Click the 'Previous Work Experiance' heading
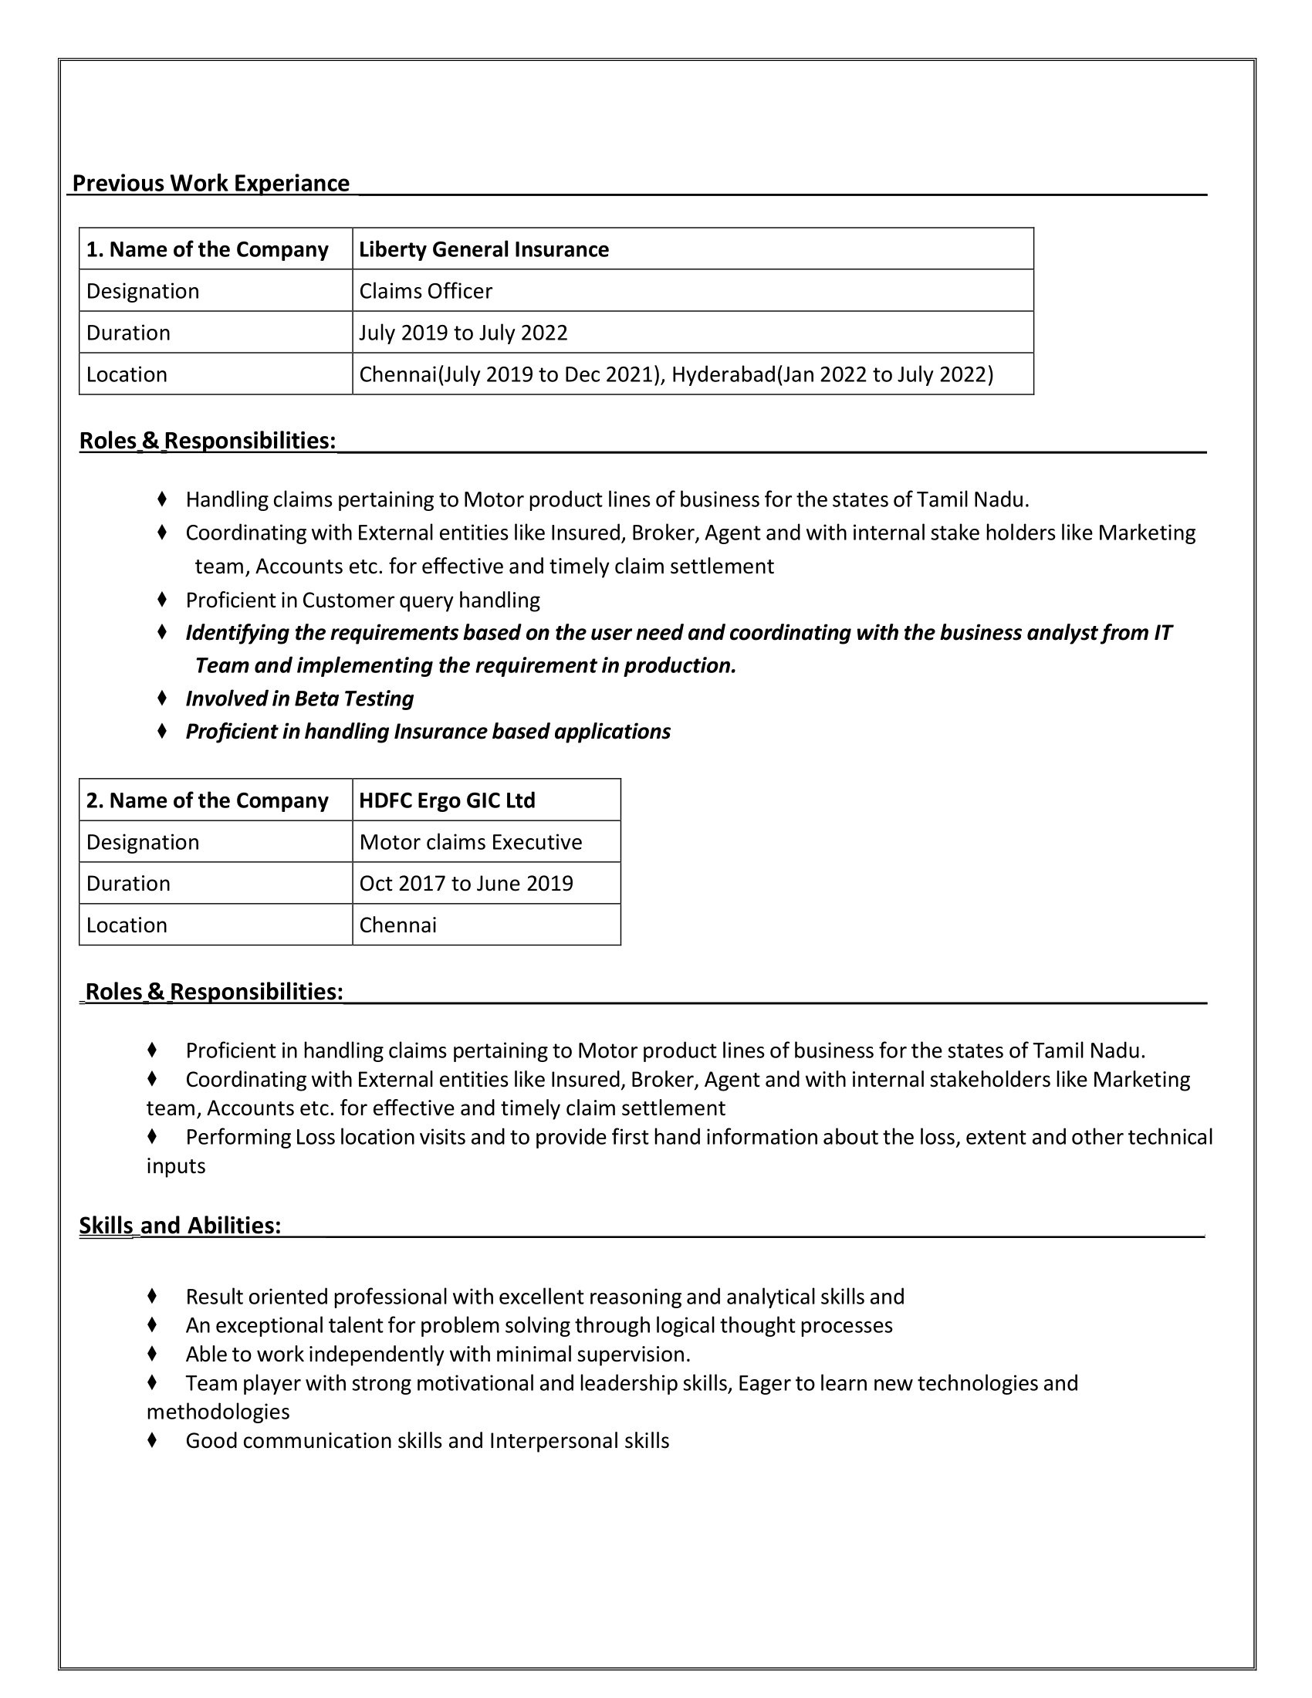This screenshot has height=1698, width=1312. [211, 184]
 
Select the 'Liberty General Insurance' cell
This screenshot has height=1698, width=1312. [483, 249]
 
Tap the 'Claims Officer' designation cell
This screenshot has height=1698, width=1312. [425, 292]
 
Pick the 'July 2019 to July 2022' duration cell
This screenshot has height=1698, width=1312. [463, 333]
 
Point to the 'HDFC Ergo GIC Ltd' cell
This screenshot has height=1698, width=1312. [447, 801]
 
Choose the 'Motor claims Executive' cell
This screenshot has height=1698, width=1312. [470, 842]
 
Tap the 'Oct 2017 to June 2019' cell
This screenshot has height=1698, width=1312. [465, 883]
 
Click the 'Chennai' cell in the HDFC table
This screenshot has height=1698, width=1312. [398, 925]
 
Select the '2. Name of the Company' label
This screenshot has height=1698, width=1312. [207, 801]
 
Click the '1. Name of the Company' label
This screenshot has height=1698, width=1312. [207, 249]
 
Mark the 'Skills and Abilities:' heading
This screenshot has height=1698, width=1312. [180, 1226]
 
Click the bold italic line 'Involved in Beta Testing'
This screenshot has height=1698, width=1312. [299, 699]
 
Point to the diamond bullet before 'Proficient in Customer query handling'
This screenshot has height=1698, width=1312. [161, 600]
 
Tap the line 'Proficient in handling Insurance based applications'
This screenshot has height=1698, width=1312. [428, 732]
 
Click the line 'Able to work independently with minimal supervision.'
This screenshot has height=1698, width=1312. [438, 1355]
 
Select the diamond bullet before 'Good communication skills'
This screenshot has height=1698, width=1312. [152, 1441]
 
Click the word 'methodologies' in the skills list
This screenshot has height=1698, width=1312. [218, 1412]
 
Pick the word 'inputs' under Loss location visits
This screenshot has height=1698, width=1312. [176, 1166]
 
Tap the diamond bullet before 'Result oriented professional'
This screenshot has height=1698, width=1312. [152, 1296]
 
